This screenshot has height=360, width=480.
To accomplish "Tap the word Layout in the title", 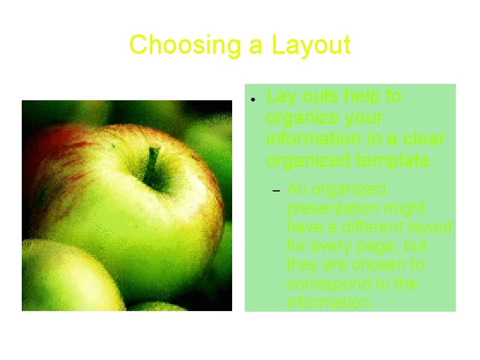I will [x=311, y=45].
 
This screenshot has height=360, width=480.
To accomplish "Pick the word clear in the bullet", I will [x=423, y=139].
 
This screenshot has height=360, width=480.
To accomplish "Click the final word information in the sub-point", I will [x=328, y=302].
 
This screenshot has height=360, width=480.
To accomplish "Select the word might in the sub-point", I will [x=409, y=208].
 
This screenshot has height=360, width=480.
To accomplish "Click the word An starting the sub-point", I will [x=296, y=190].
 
